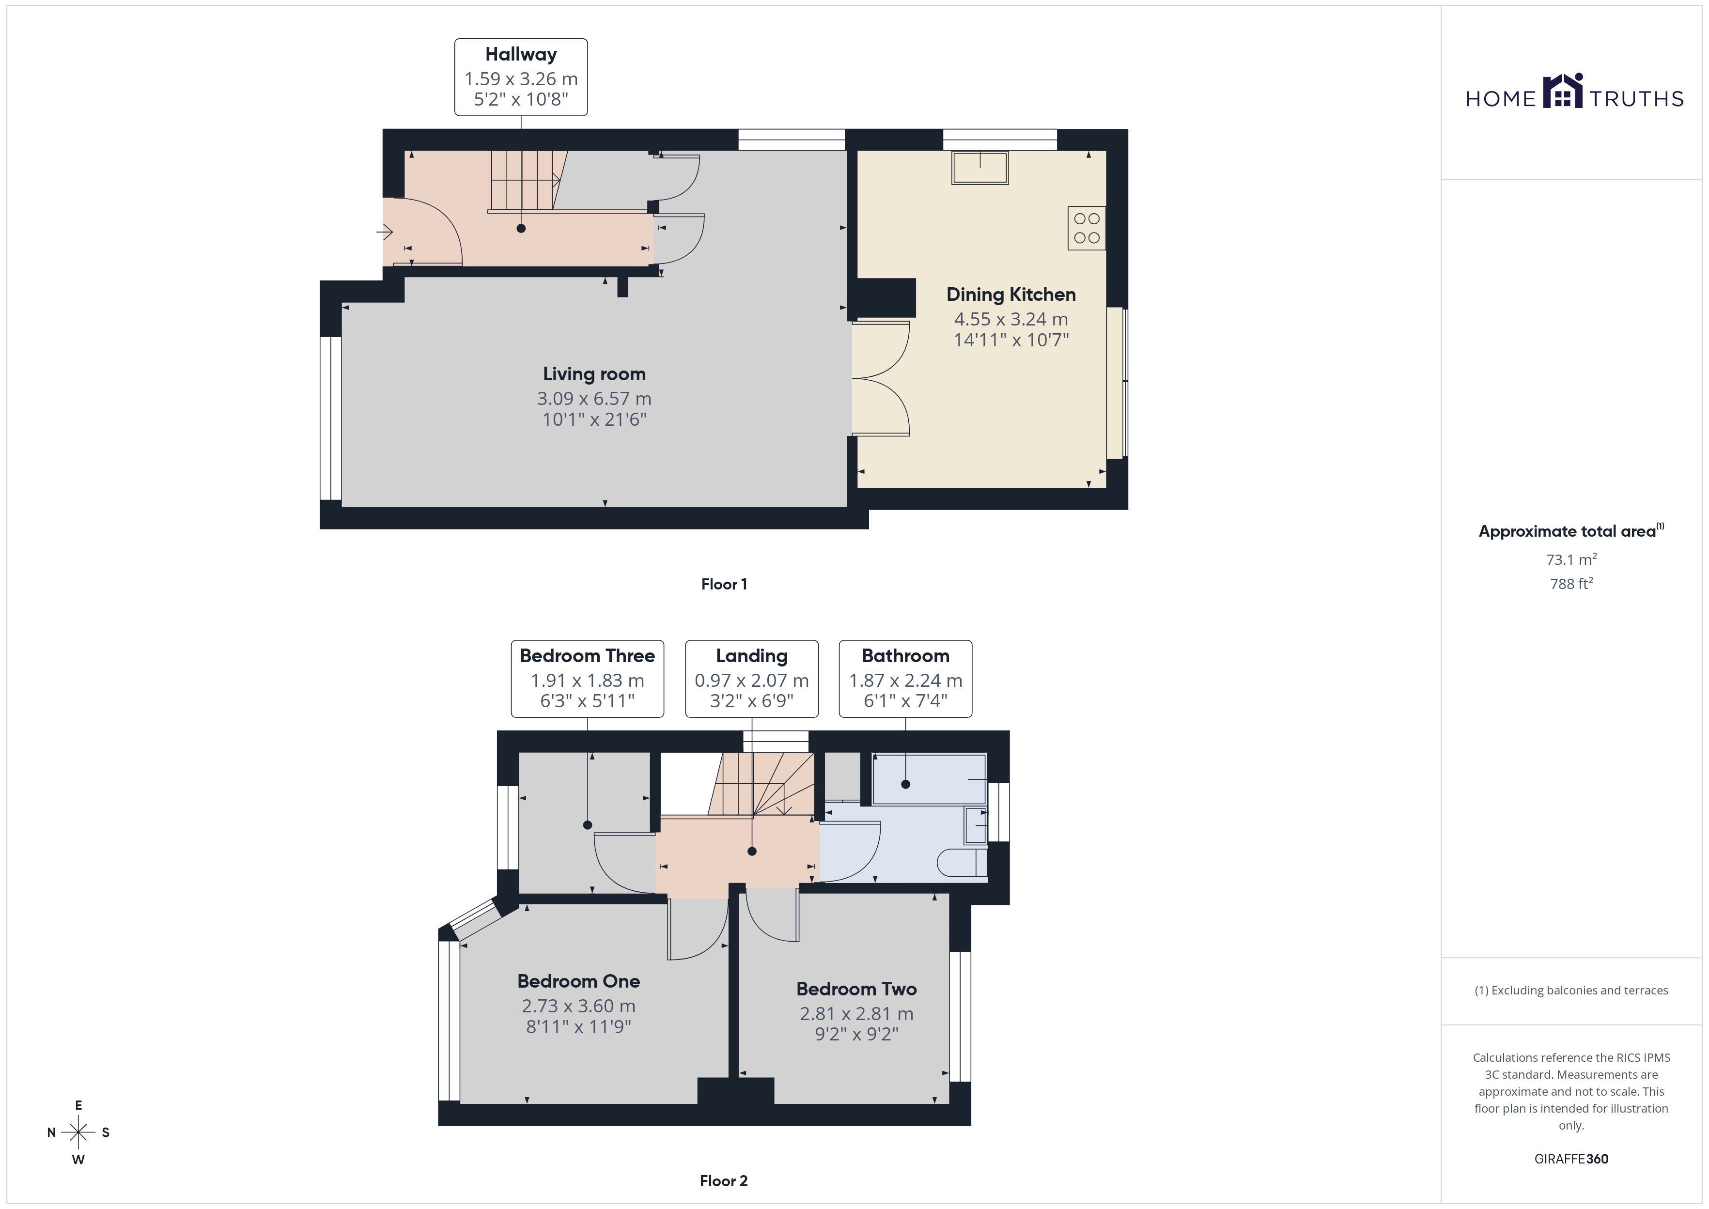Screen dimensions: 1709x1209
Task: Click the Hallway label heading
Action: (521, 54)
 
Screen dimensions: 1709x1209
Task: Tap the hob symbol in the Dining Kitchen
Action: (1087, 228)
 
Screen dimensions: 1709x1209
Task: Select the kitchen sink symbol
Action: (979, 168)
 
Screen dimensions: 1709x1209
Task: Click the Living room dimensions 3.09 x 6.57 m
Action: (594, 398)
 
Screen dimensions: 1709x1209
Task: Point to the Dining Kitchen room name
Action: (1011, 294)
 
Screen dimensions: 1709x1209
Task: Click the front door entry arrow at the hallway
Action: (385, 233)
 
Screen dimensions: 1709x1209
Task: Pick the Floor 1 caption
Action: (724, 585)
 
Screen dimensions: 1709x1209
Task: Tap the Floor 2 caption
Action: (724, 1181)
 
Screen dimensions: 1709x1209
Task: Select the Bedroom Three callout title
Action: (587, 656)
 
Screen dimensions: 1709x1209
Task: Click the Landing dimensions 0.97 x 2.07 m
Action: (752, 681)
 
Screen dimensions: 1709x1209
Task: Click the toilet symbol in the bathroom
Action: (962, 863)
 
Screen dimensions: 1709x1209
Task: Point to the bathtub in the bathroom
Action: (929, 779)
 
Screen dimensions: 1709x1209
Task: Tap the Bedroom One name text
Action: (578, 981)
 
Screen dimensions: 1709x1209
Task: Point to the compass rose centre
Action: (78, 1132)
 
